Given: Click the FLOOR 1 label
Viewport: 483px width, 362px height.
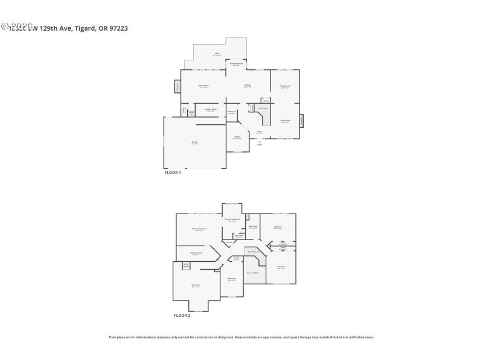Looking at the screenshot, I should pos(173,173).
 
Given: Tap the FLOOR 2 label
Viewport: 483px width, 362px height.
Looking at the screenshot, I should pos(182,316).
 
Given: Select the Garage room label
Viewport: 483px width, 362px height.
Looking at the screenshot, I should pos(194,143).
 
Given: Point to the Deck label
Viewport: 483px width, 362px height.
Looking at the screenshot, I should pos(216,54).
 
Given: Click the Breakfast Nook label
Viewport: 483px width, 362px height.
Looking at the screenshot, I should pos(237,64).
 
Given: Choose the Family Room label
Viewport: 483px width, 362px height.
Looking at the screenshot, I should pos(203,86).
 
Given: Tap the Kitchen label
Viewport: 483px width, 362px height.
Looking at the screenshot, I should pos(248,86).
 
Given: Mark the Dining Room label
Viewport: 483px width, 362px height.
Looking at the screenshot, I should pos(285,87).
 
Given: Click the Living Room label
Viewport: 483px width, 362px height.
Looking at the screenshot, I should pos(285,121).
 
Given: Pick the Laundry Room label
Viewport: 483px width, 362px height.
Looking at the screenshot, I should pos(211,110).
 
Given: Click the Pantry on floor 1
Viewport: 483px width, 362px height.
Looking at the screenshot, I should pos(266,101).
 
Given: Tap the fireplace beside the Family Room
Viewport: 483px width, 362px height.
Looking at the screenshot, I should pos(178,87).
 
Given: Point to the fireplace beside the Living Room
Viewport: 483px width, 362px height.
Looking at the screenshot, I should pos(302,121).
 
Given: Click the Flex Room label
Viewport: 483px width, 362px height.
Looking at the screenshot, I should pos(196,285).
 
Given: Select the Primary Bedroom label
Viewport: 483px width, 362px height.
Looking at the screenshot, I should pos(199,229).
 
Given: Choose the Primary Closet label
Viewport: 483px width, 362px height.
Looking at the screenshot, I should pos(196,253).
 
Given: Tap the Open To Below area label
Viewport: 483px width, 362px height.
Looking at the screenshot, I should pos(253,273).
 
